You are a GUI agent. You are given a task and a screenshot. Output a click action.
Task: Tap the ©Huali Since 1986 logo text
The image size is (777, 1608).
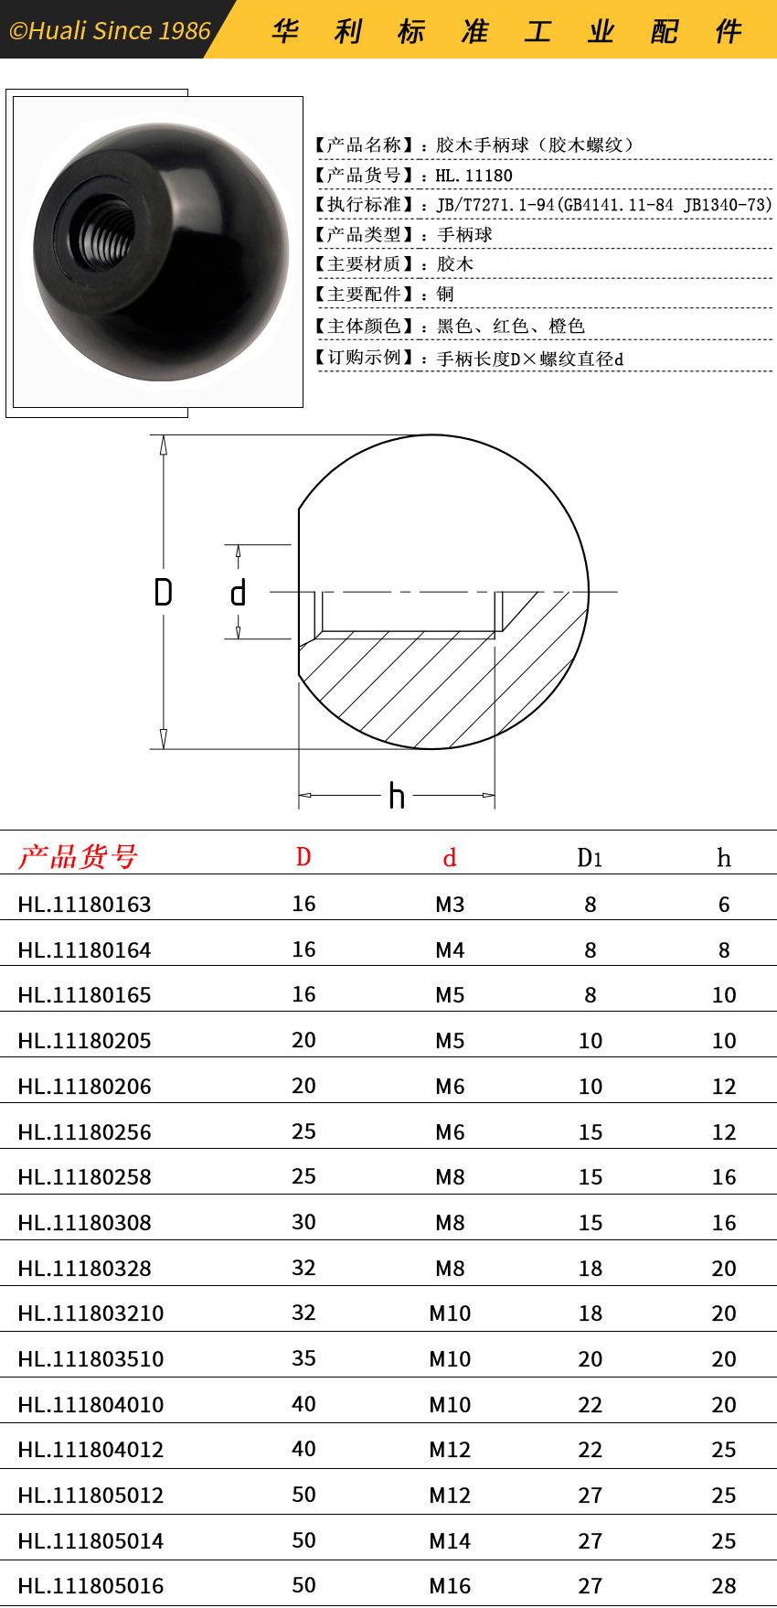pyautogui.click(x=110, y=31)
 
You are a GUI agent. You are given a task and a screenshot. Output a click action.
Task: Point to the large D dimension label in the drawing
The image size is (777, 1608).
pyautogui.click(x=163, y=593)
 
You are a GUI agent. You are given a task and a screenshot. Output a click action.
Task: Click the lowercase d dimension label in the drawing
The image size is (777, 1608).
pyautogui.click(x=239, y=593)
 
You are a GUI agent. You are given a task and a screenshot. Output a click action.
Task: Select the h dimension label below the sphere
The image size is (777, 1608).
pyautogui.click(x=396, y=796)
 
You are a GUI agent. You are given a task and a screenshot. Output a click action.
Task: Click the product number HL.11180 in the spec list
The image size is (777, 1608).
pyautogui.click(x=474, y=175)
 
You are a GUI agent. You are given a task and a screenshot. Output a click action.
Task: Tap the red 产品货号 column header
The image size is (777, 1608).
pyautogui.click(x=78, y=856)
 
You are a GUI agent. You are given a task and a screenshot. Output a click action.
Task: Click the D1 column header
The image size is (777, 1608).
pyautogui.click(x=590, y=857)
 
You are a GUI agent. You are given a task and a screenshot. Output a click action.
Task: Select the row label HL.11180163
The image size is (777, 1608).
pyautogui.click(x=84, y=905)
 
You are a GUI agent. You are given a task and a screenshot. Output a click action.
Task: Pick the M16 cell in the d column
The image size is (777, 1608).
pyautogui.click(x=450, y=1585)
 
